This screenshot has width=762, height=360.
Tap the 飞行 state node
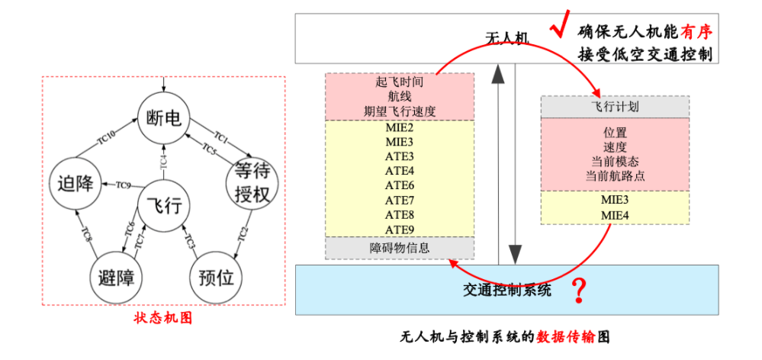163,205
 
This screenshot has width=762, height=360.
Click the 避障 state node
117,277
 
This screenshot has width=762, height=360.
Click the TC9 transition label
124,184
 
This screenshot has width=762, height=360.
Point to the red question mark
581,290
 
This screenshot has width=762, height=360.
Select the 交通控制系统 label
506,290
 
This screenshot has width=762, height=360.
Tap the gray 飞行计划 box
615,107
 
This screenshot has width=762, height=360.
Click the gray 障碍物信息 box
400,247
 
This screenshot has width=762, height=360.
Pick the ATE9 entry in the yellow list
400,230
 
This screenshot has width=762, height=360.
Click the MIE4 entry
615,215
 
